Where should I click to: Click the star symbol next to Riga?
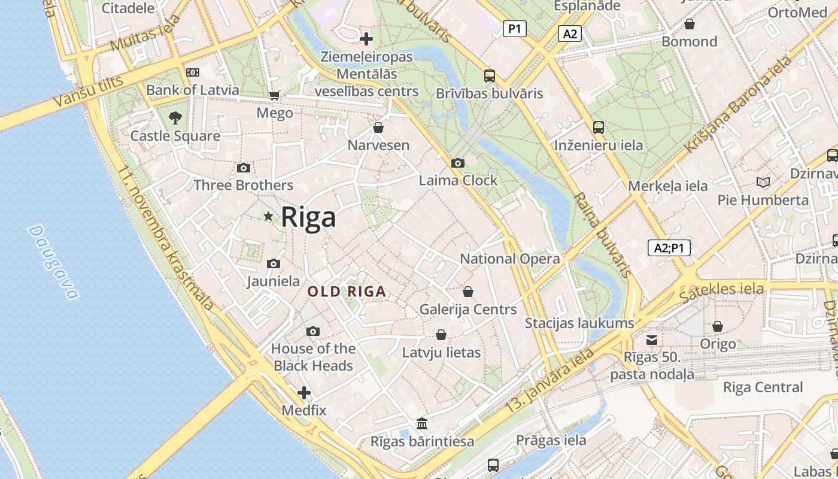268,216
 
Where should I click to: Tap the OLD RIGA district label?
347,292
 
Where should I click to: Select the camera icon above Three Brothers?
243,168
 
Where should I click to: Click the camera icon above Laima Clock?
458,163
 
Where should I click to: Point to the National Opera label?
510,259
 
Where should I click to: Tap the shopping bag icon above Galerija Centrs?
468,292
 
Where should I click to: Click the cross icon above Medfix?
304,393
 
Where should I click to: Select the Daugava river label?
53,262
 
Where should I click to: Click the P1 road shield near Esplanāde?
514,28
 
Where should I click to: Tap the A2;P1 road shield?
669,248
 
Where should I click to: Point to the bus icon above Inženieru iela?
599,128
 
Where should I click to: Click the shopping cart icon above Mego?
275,96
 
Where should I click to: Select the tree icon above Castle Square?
175,118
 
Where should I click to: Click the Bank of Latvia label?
193,90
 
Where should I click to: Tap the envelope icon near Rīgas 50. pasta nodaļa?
652,340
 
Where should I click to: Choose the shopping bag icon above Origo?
718,326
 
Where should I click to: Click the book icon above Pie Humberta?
763,182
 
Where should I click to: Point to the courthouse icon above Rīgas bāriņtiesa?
422,424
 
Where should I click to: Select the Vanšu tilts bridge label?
88,92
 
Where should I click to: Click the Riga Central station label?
763,387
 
